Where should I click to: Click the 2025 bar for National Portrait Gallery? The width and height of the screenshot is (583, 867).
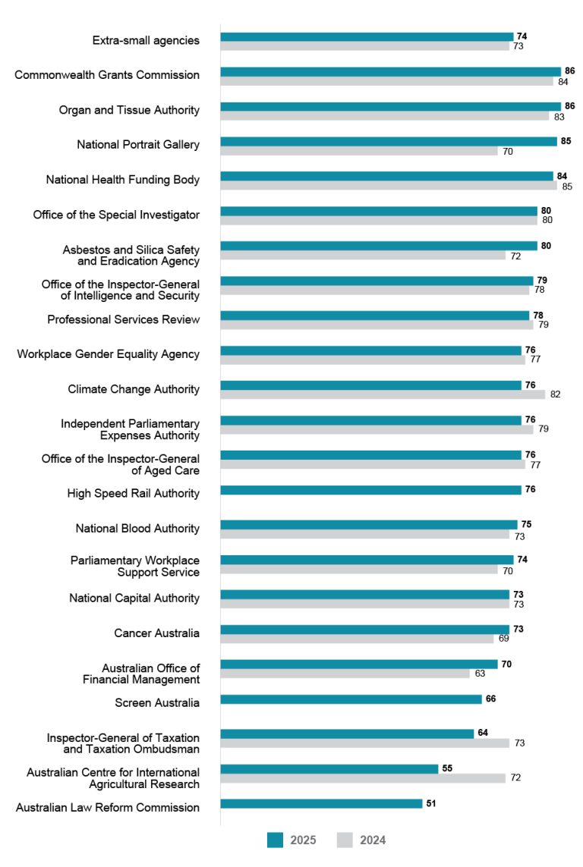389,141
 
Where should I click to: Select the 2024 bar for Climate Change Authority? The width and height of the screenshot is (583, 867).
383,394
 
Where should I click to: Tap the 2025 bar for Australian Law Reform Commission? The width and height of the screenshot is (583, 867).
321,803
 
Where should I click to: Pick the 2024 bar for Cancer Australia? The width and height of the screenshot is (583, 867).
357,639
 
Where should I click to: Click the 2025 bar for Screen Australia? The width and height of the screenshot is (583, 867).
351,699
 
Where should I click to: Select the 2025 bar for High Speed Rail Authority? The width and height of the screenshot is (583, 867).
370,489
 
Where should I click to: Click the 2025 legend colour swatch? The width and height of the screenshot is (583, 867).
275,840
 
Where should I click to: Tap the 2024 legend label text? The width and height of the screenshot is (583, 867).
372,840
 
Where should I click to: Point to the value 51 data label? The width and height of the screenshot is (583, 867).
431,803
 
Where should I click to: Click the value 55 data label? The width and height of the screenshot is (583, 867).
447,768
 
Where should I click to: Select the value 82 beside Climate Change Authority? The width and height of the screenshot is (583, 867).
555,394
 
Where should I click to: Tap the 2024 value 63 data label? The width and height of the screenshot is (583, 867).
479,674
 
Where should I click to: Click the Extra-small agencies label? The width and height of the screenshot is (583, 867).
146,40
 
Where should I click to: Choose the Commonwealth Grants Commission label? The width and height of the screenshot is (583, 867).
107,75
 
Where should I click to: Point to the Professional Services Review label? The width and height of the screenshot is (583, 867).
123,319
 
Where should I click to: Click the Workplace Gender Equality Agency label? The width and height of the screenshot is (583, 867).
108,354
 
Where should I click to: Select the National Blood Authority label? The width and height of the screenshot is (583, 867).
137,529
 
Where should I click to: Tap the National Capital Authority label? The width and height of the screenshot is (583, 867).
134,598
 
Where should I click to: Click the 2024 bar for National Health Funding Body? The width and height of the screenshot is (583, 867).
389,185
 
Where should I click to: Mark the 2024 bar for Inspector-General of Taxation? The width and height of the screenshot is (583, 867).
364,743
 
